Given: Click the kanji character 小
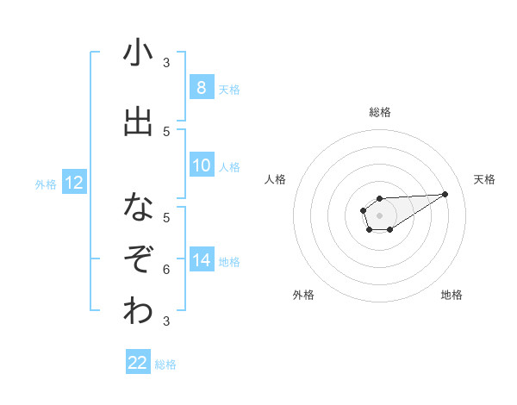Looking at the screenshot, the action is click(x=138, y=53).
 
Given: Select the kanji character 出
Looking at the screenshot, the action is click(x=138, y=121).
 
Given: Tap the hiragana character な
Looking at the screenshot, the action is click(x=138, y=207).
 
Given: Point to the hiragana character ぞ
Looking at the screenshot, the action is click(x=138, y=259).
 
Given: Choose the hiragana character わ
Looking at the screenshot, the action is click(x=138, y=311).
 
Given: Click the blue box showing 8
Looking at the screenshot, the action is click(x=201, y=88).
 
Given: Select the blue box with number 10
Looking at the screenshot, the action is click(x=201, y=166).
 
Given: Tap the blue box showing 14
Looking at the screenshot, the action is click(x=202, y=259).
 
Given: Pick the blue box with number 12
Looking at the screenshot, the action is click(x=73, y=183).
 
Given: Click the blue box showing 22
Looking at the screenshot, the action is click(x=138, y=363).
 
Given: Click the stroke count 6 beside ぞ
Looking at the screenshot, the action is click(x=166, y=271).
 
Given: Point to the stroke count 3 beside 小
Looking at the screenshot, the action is click(x=166, y=63).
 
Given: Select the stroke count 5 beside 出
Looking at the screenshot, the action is click(x=166, y=132).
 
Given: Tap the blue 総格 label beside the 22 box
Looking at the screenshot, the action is click(x=165, y=364).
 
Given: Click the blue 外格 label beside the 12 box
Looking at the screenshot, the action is click(x=45, y=184).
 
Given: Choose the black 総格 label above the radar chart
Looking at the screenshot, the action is click(x=379, y=112).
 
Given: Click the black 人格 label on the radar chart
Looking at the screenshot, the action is click(x=276, y=179).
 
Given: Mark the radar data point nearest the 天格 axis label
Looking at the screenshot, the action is click(x=445, y=193).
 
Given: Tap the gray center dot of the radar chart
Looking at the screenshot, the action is click(x=379, y=214).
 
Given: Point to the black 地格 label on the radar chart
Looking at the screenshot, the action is click(x=452, y=296).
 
